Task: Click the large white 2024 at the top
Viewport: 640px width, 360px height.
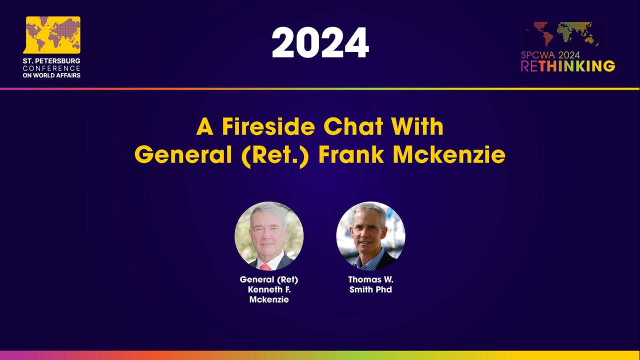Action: [x=320, y=43]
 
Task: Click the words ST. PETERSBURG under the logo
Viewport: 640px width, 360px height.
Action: [x=51, y=61]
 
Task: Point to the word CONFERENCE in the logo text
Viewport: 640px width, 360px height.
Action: [x=51, y=68]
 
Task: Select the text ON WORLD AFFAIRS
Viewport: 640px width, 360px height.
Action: [x=51, y=75]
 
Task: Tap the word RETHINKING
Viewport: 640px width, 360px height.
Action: [x=568, y=66]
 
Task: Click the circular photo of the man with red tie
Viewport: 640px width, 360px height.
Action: [x=269, y=236]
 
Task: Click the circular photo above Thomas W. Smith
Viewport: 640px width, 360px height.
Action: [x=370, y=236]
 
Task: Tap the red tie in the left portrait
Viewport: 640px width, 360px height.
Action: [x=265, y=267]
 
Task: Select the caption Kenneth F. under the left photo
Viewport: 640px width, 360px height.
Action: [x=269, y=289]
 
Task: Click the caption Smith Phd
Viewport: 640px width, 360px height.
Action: [x=370, y=289]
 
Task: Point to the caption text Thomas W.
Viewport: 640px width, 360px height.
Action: [x=370, y=280]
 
